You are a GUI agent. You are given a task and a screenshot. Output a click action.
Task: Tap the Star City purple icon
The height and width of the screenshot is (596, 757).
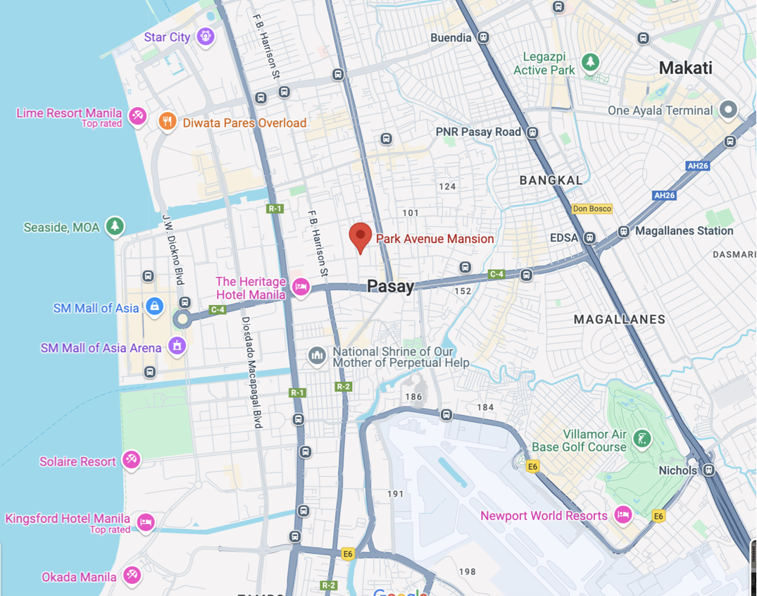206,36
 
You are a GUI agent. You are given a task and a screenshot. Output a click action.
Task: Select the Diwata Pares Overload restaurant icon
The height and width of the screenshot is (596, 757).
167,123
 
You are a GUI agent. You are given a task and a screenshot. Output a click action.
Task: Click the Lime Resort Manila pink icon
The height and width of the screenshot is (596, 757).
137,116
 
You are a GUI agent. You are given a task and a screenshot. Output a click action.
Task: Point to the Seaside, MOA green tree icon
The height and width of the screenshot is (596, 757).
114,227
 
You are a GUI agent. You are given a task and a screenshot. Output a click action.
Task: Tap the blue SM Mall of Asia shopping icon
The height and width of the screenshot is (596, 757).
154,306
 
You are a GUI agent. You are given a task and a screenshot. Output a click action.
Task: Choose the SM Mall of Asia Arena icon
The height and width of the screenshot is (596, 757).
177,347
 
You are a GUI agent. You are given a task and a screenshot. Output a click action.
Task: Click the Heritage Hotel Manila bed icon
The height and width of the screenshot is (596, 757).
301,287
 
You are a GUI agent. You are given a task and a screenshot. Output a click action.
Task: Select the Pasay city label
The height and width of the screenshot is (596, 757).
390,286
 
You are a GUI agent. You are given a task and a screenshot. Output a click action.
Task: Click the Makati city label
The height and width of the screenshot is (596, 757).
685,68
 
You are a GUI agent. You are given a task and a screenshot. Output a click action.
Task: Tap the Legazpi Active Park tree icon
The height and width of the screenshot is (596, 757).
590,62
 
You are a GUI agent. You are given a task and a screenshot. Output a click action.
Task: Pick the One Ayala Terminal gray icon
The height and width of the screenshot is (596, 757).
728,110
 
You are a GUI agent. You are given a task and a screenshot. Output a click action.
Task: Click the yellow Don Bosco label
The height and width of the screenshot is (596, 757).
592,209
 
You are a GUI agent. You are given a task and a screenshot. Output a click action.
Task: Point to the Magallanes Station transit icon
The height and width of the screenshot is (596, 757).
623,231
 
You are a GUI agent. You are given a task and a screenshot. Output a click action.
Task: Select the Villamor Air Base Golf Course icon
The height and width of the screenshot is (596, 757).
642,440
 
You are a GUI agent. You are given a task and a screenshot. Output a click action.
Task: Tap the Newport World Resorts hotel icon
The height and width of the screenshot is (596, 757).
623,515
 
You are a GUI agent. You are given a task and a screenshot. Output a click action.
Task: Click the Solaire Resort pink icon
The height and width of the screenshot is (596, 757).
131,461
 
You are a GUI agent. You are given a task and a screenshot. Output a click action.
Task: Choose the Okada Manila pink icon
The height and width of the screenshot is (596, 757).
131,576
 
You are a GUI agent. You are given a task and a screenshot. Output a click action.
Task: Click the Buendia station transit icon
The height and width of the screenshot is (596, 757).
483,37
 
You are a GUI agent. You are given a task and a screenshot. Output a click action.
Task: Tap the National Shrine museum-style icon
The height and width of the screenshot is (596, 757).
317,356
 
